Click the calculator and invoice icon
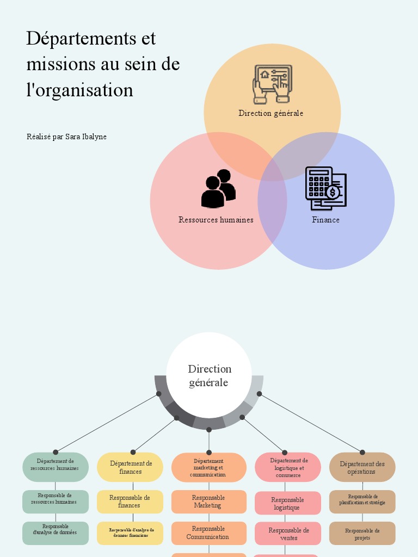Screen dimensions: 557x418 tap(325, 188)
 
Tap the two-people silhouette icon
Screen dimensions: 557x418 tap(218, 189)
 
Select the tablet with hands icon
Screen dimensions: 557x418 tap(272, 84)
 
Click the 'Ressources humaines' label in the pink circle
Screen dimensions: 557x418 tap(216, 220)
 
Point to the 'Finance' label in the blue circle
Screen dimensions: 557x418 tap(325, 220)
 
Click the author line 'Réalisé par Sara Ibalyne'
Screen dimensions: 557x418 tap(66, 137)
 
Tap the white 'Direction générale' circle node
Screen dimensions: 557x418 tap(209, 375)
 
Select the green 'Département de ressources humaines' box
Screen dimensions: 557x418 tap(55, 467)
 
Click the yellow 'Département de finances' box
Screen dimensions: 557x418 tap(130, 467)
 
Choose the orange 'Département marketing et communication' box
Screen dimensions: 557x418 tap(209, 467)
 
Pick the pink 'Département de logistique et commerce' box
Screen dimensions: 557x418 tap(288, 467)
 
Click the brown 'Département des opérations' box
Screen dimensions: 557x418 tap(362, 467)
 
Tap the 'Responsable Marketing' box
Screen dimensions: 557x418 tap(209, 502)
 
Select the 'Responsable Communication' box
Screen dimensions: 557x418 tap(209, 533)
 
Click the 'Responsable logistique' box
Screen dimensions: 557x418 tap(288, 503)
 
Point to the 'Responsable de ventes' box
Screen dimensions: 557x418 tap(288, 534)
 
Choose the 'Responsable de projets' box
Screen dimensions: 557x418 tap(362, 534)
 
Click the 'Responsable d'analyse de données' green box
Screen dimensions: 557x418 tap(55, 533)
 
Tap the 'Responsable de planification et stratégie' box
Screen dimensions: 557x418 tap(362, 502)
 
